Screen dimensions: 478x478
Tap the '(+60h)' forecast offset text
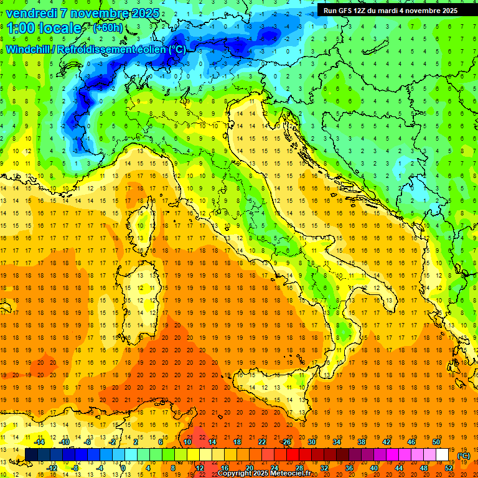tap(108, 28)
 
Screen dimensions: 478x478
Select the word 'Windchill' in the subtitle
tap(29, 49)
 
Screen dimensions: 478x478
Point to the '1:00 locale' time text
tap(44, 28)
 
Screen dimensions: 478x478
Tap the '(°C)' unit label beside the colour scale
tap(464, 456)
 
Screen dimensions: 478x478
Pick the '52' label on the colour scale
tap(449, 468)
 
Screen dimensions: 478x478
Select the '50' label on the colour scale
tap(436, 442)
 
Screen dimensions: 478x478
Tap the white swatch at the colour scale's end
tap(443, 455)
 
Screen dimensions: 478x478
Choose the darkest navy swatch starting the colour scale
tap(31, 455)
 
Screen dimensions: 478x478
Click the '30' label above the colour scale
tap(312, 442)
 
